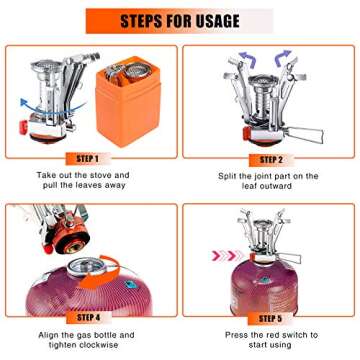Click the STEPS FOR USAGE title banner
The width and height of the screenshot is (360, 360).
pyautogui.click(x=180, y=20)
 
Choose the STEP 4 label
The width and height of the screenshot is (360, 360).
pyautogui.click(x=86, y=316)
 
